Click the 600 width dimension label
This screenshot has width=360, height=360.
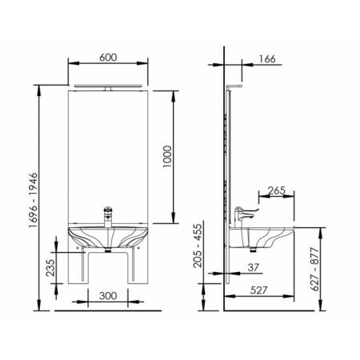click(108, 58)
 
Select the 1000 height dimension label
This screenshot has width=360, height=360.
click(167, 157)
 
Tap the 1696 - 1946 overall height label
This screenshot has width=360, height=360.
click(34, 200)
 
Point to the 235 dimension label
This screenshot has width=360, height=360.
click(50, 267)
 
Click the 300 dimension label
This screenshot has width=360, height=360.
click(108, 296)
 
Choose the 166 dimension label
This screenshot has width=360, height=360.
click(267, 59)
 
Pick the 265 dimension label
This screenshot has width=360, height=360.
click(277, 190)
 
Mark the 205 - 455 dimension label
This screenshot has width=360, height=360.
click(198, 246)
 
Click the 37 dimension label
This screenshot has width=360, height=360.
click(254, 267)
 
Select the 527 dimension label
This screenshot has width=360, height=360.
click(258, 290)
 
